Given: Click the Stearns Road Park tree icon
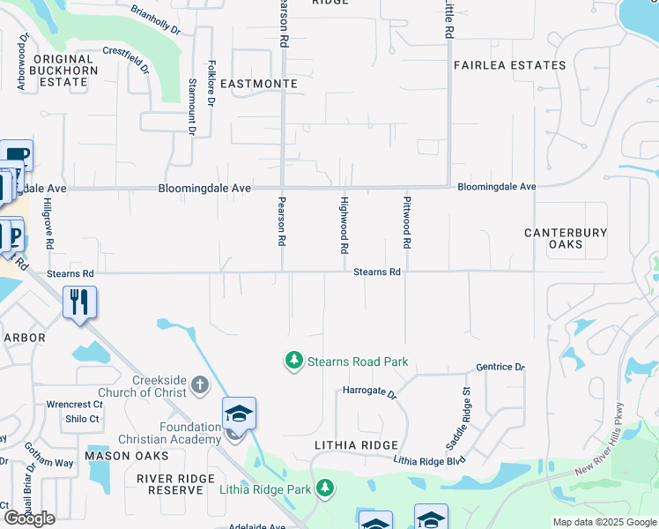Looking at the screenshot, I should tap(292, 361).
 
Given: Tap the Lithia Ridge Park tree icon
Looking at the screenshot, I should tap(325, 488).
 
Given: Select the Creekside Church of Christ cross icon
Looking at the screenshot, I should tap(199, 385).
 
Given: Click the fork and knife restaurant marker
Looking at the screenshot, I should tap(79, 302).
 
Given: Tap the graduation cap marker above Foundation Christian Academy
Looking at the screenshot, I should tap(239, 414).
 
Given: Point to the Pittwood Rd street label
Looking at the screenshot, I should tap(407, 227).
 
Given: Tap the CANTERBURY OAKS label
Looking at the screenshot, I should tap(566, 238).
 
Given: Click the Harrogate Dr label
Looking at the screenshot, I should tap(370, 390).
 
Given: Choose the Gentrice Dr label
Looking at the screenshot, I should tap(500, 367).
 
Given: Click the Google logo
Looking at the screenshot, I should tap(29, 518).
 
